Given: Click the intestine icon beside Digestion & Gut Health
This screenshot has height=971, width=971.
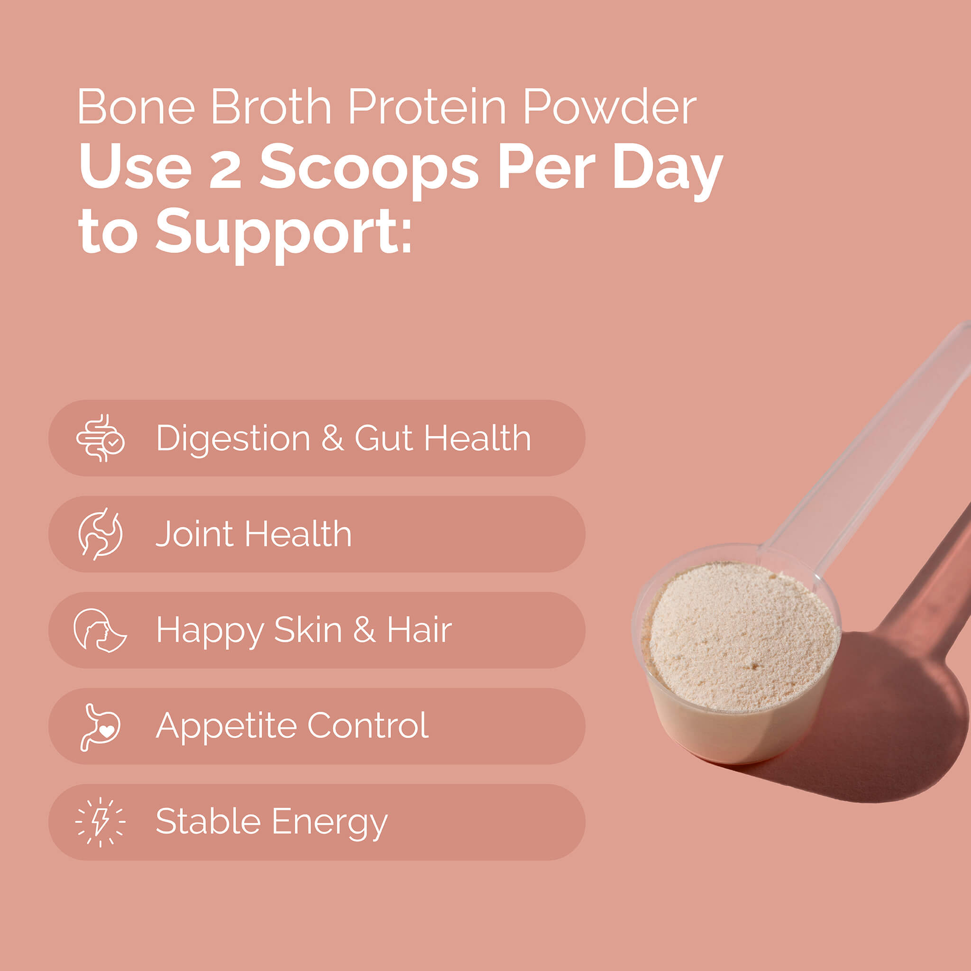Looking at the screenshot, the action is [101, 438].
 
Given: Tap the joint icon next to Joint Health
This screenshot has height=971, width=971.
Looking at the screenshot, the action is [101, 534].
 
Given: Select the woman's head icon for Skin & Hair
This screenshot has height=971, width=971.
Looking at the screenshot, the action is [100, 630].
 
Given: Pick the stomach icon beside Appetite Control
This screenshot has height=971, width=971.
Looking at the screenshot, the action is [101, 727].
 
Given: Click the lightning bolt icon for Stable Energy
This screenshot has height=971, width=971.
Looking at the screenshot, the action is [101, 822].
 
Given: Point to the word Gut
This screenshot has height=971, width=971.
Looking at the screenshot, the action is [384, 438].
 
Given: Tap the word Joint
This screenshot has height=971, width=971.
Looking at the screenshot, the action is [194, 534].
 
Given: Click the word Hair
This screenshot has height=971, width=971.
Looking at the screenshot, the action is [419, 630].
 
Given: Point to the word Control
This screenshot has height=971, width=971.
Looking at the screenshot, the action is [368, 725].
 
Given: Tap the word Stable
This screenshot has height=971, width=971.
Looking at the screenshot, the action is [208, 821].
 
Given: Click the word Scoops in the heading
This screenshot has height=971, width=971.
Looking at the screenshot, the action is [368, 171].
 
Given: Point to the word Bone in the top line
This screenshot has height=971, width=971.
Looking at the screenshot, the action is [136, 107].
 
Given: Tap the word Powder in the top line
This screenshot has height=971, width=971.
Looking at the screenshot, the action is [610, 107].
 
